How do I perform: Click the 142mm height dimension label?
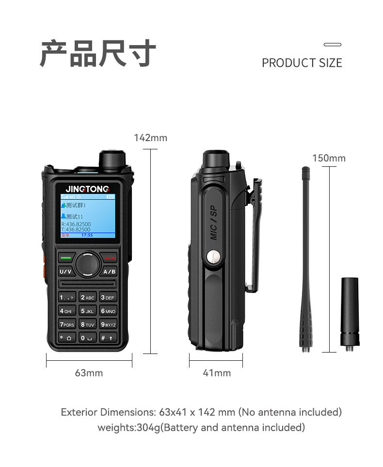pyautogui.click(x=150, y=138)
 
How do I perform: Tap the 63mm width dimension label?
pyautogui.click(x=89, y=373)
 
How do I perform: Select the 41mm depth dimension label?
pyautogui.click(x=216, y=373)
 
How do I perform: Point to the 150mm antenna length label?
pyautogui.click(x=329, y=159)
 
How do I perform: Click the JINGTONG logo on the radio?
pyautogui.click(x=88, y=189)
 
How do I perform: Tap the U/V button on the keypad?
pyautogui.click(x=65, y=272)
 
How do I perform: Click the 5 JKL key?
pyautogui.click(x=88, y=311)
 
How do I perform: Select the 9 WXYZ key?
pyautogui.click(x=108, y=324)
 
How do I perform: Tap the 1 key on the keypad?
pyautogui.click(x=66, y=297)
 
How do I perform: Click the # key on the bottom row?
pyautogui.click(x=108, y=338)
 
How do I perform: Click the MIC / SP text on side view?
pyautogui.click(x=214, y=223)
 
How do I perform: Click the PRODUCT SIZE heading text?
pyautogui.click(x=302, y=63)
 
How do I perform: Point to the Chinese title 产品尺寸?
pyautogui.click(x=98, y=53)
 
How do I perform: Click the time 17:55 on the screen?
pyautogui.click(x=87, y=235)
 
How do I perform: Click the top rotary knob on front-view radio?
pyautogui.click(x=112, y=160)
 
